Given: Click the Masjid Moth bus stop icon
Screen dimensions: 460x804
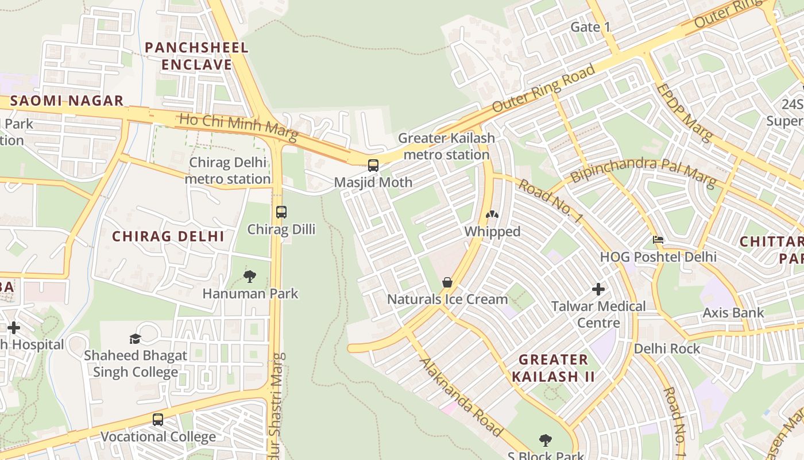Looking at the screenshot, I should [373, 166].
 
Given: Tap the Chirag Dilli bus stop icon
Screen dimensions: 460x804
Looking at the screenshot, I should [281, 212].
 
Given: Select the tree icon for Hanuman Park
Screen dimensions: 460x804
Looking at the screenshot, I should [250, 277].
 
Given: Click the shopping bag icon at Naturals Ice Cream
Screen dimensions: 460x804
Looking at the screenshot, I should [447, 282].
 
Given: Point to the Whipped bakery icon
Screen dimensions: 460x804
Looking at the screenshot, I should [492, 215].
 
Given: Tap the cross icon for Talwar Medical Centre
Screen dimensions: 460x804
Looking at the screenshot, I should [598, 289].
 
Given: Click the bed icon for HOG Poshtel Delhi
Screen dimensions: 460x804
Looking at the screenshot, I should [658, 239].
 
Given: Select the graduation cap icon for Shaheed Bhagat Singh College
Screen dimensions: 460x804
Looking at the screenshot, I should [136, 339].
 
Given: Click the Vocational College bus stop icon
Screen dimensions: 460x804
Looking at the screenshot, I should [158, 420].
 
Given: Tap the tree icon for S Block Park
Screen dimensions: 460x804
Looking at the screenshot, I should [546, 440].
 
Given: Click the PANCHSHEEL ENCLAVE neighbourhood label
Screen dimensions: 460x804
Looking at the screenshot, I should [196, 56].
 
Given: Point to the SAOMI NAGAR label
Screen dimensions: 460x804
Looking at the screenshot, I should [67, 101].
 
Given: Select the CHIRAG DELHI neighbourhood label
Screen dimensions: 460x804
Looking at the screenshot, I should [168, 236].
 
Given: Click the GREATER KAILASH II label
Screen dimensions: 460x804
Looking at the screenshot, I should [553, 368].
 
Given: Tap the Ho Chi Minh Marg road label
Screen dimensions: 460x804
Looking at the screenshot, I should [238, 127].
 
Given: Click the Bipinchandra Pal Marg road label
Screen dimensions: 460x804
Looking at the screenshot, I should [643, 172].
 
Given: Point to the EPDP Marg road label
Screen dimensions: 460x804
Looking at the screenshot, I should [683, 113].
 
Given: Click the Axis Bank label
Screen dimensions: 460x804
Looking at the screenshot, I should [733, 313].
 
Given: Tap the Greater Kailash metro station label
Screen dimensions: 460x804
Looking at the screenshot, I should [446, 146].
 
